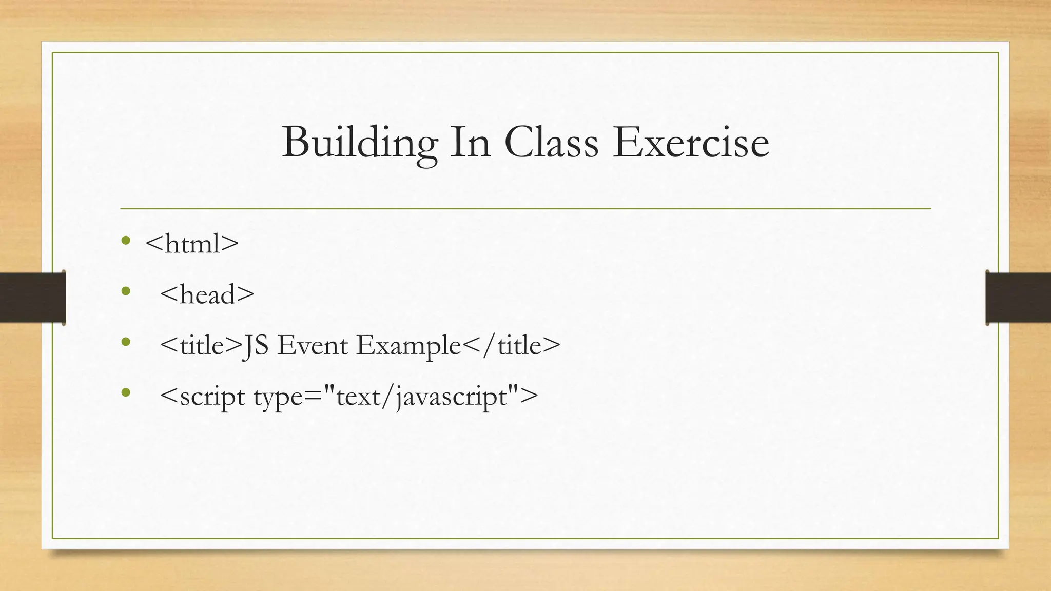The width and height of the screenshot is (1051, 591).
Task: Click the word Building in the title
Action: pyautogui.click(x=359, y=142)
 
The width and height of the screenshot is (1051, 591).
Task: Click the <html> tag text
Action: pyautogui.click(x=192, y=243)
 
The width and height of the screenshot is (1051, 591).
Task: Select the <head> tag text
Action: pyautogui.click(x=207, y=294)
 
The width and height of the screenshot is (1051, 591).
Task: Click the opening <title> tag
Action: pyautogui.click(x=200, y=345)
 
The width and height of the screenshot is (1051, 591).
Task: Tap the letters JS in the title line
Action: pyautogui.click(x=255, y=345)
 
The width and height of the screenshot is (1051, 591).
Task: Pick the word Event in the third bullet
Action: pyautogui.click(x=313, y=345)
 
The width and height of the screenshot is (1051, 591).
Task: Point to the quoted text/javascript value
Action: pyautogui.click(x=420, y=397)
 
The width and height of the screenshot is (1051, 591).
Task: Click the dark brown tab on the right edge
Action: pyautogui.click(x=1018, y=298)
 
